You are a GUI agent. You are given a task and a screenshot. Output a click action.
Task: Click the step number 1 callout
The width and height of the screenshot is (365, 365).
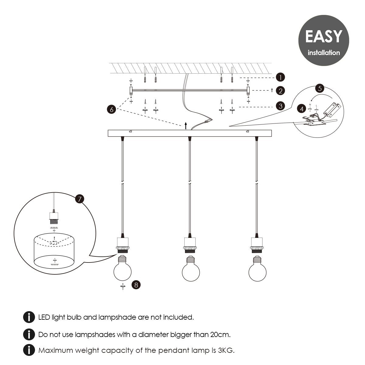click(x=280, y=78)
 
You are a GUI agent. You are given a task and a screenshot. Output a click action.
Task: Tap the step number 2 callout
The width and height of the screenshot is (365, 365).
click(x=280, y=91)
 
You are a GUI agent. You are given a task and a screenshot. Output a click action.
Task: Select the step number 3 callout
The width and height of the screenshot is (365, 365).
click(x=280, y=106)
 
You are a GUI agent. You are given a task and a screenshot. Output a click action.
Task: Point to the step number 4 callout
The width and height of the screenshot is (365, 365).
click(x=302, y=109)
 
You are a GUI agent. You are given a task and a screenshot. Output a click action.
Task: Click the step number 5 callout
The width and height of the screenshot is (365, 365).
click(x=320, y=89)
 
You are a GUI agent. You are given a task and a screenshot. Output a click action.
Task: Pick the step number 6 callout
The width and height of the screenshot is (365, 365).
click(x=112, y=109)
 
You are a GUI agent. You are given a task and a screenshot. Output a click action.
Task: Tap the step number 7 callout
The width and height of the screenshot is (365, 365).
click(x=80, y=199)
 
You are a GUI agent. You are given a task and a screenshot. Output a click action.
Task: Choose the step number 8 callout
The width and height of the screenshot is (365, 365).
click(x=136, y=285)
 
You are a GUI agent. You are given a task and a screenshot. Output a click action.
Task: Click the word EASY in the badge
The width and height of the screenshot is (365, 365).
click(x=324, y=36)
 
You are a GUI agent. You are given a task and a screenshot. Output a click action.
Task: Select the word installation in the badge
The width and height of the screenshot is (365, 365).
click(x=324, y=53)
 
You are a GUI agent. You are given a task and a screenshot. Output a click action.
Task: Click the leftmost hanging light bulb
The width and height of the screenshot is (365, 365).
click(x=123, y=268)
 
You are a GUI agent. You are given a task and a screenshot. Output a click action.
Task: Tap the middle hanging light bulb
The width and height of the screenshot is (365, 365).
click(x=191, y=269)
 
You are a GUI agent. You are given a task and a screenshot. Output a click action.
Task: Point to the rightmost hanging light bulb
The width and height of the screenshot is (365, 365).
click(x=257, y=269)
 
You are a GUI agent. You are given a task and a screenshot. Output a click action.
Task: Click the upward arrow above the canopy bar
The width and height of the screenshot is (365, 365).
click(x=186, y=126)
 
